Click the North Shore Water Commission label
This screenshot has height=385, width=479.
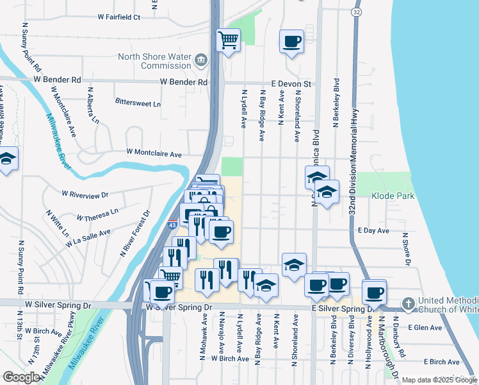click(154, 61)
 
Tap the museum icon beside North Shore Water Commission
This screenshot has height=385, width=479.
click(201, 61)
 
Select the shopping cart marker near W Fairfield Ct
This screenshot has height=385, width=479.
click(228, 40)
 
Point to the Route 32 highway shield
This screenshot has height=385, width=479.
click(356, 12)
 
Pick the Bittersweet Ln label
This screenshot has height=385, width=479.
click(138, 102)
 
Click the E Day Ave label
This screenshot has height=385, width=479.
click(373, 230)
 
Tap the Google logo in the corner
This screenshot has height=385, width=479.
click(21, 377)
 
